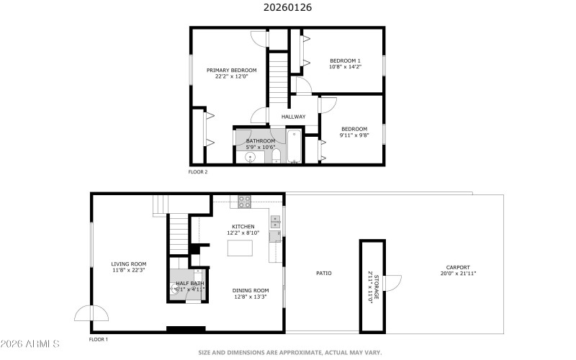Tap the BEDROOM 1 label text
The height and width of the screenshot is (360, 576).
point(345,60)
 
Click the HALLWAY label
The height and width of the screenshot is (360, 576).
point(293,117)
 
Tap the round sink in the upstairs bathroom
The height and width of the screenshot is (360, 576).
point(250,157)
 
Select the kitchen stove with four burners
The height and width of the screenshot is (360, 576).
point(244,202)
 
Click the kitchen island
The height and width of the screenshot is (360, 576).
point(242,248)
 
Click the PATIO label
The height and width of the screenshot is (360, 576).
point(324,274)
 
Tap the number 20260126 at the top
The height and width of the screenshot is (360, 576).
point(288,8)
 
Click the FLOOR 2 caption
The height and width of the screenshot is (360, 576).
point(198,172)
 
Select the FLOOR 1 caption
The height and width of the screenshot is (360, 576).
point(99,339)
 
